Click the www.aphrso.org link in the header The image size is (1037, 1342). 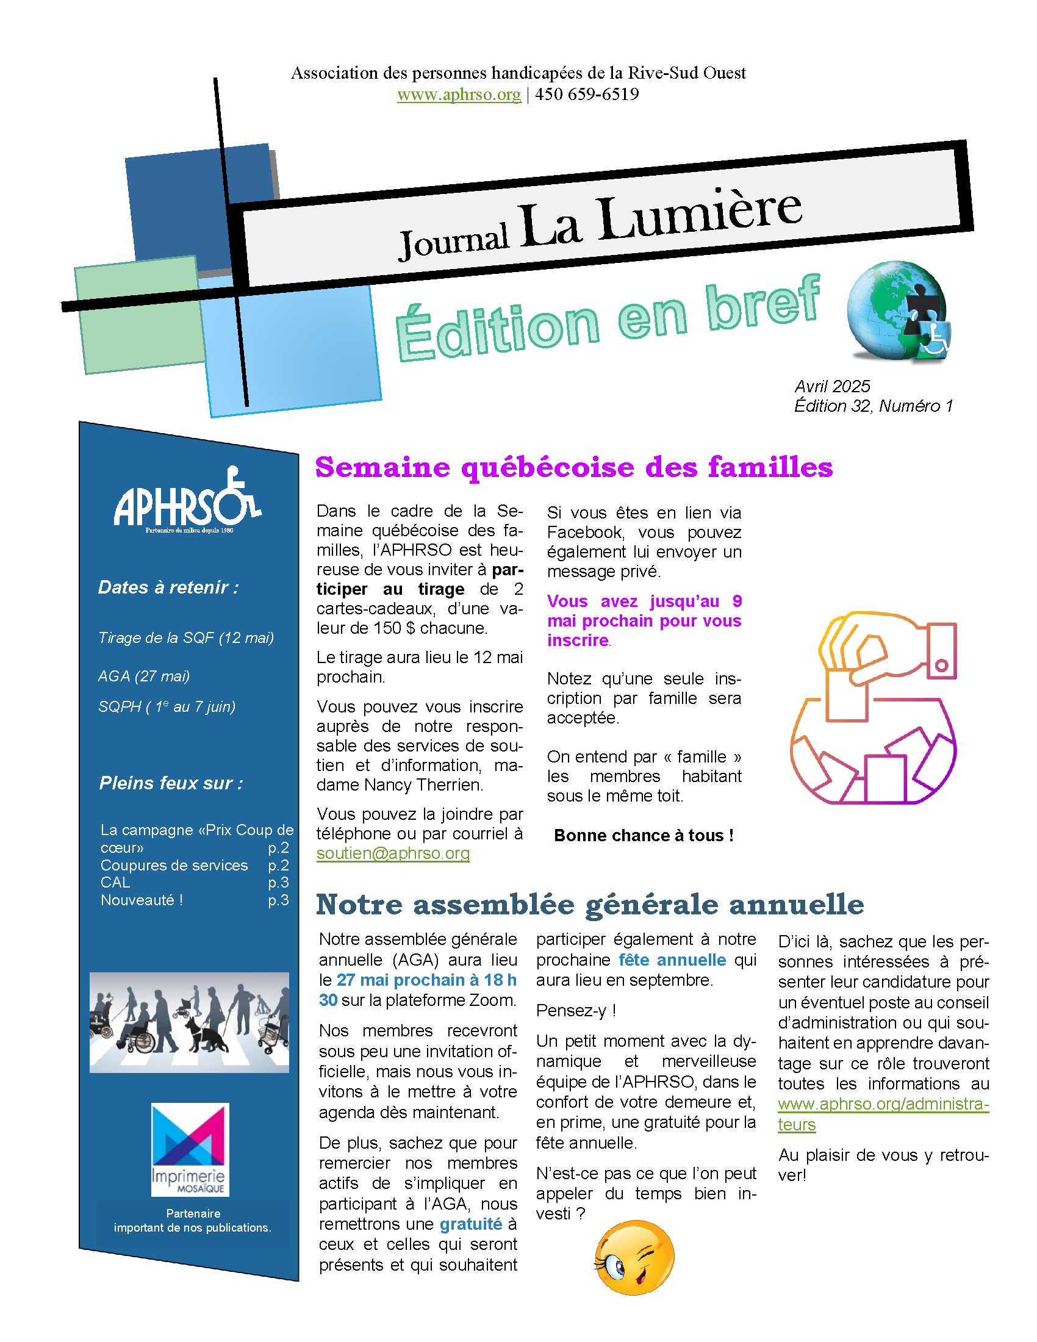[x=458, y=95]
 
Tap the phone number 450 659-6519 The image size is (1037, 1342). [x=587, y=94]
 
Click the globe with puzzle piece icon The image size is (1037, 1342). [x=897, y=312]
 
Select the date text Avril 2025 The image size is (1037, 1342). [x=832, y=386]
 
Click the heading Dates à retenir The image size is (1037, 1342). [x=168, y=587]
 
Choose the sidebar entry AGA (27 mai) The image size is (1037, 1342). [x=144, y=676]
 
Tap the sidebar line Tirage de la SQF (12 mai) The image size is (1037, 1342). [x=185, y=638]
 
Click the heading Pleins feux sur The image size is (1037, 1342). [x=171, y=783]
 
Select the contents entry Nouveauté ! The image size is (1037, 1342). [x=142, y=900]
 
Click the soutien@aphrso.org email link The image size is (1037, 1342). [x=393, y=853]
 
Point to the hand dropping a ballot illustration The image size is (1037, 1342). [x=873, y=707]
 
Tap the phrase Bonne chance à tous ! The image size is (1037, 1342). [x=643, y=836]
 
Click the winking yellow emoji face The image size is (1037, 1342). [x=634, y=1257]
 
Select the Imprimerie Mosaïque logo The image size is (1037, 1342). [x=190, y=1149]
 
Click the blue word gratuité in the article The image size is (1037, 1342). [x=470, y=1224]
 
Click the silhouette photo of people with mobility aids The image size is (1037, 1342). [x=189, y=1022]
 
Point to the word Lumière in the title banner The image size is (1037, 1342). [x=700, y=215]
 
